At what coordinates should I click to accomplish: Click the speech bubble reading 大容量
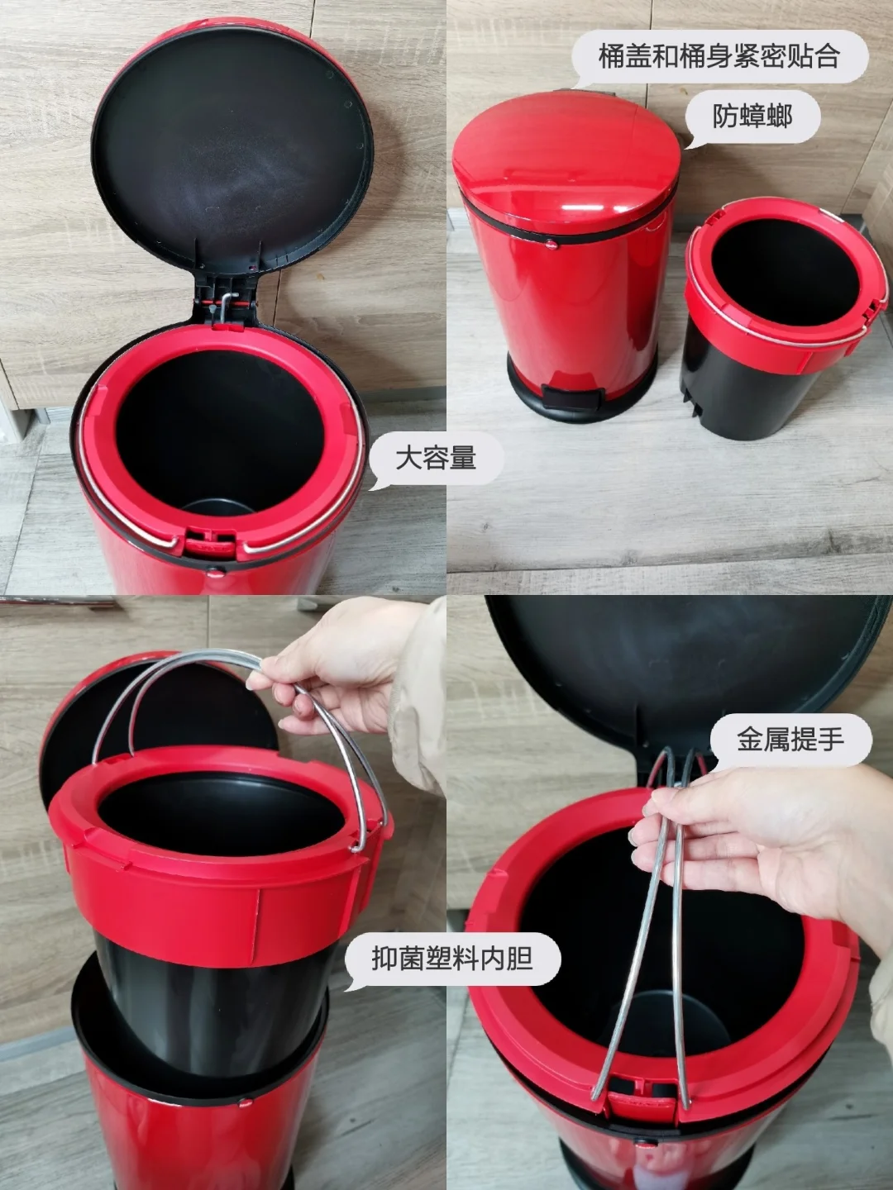(x=437, y=459)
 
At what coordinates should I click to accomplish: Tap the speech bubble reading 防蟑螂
(x=752, y=117)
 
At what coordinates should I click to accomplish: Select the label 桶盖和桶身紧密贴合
(x=719, y=57)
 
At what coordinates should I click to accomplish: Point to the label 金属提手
(x=790, y=739)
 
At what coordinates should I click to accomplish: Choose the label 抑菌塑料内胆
(x=452, y=959)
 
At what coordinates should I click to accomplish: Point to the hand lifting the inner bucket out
(x=347, y=667)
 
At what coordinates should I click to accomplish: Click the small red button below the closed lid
(x=552, y=245)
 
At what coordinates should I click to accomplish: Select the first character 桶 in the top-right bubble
(x=612, y=57)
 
